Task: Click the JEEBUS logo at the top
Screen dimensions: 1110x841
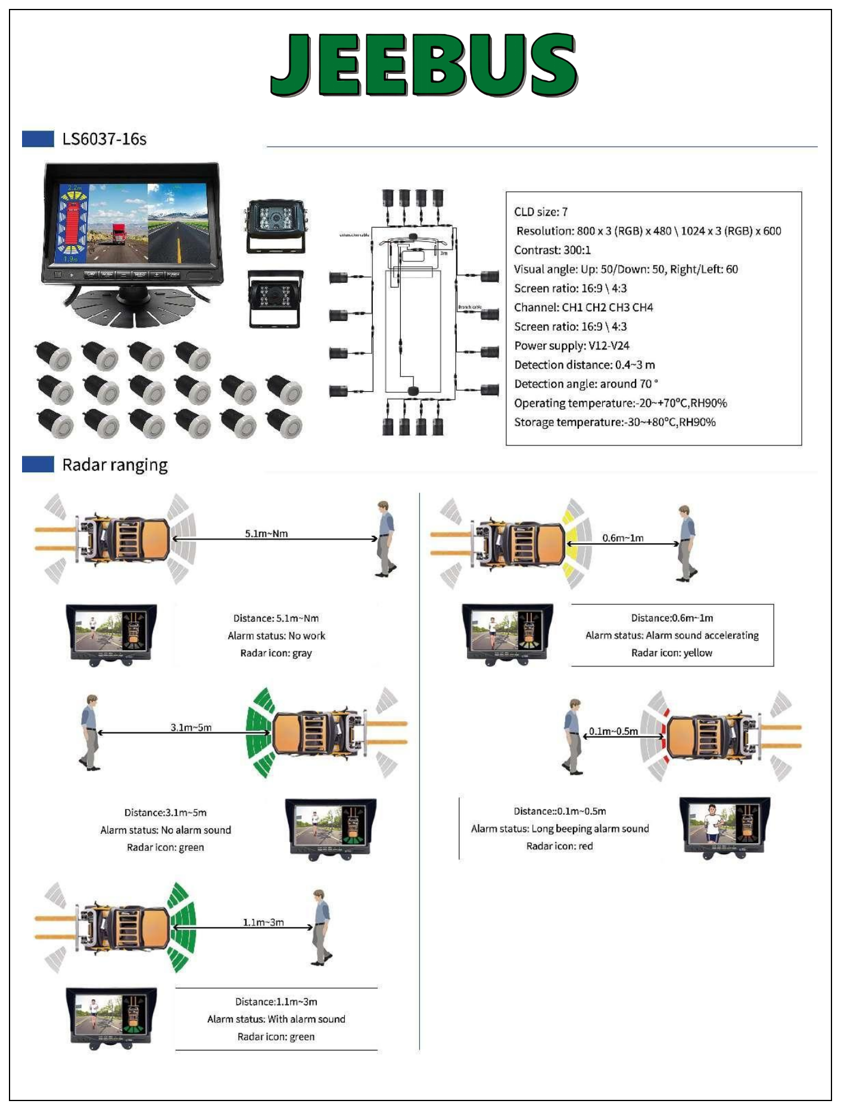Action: click(423, 64)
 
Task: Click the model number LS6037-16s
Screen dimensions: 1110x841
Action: click(104, 139)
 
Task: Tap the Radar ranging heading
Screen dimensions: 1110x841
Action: click(115, 465)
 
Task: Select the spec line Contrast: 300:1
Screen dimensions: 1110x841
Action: click(552, 250)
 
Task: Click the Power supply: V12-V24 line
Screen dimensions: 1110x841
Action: click(572, 346)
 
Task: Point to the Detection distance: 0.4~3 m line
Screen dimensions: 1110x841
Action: click(584, 365)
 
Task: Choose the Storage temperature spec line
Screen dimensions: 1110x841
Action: click(615, 422)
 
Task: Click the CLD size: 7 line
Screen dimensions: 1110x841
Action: click(541, 212)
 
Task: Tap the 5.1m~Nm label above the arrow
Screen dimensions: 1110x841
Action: click(266, 534)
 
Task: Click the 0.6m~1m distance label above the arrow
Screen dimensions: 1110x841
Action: click(622, 538)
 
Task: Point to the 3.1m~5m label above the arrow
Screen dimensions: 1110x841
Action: click(191, 727)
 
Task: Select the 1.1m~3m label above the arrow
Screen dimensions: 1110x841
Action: click(263, 922)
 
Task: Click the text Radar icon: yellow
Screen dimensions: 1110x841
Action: click(671, 653)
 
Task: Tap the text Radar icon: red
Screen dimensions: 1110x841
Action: click(559, 846)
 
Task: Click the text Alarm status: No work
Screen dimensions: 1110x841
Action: click(276, 636)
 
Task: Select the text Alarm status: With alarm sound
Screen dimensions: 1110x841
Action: click(276, 1019)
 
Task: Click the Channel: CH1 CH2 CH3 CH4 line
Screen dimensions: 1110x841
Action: click(583, 308)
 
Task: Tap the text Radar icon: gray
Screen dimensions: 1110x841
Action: click(276, 653)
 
